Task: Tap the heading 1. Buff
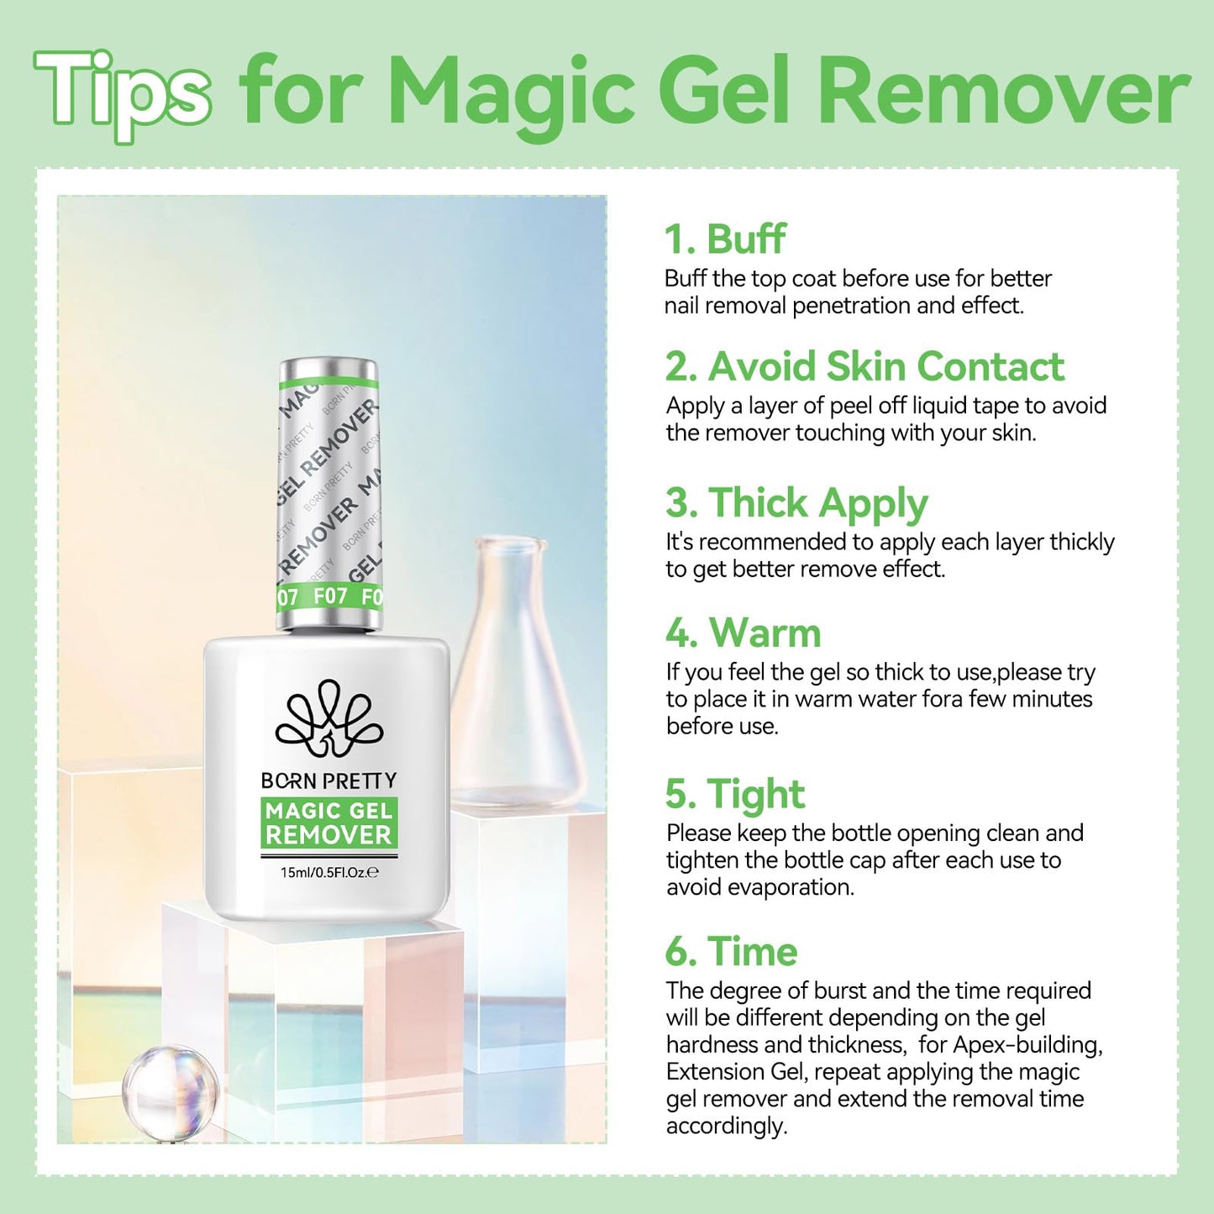tap(725, 239)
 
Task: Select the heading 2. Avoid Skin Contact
tap(865, 367)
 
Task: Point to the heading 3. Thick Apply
tap(796, 503)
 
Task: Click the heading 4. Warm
tap(743, 633)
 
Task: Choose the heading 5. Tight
tap(734, 794)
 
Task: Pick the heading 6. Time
tap(731, 952)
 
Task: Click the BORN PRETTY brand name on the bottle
tap(328, 781)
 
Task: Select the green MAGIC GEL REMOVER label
tap(328, 822)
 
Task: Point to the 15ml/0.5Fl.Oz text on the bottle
tap(328, 873)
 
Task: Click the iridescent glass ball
tap(170, 1090)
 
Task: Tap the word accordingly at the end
tap(726, 1126)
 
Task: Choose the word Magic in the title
tap(512, 91)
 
